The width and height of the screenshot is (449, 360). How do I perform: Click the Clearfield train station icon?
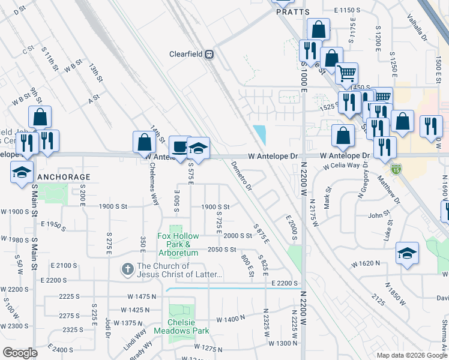[209, 54]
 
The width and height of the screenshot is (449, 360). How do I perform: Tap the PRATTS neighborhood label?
[293, 12]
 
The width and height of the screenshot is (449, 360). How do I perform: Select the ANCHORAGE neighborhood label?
[64, 177]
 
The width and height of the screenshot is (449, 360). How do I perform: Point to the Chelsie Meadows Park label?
[181, 326]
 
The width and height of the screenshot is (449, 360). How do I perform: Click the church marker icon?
[127, 270]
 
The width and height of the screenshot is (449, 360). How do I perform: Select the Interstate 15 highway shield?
[395, 170]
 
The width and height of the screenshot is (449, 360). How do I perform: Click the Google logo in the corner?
[20, 353]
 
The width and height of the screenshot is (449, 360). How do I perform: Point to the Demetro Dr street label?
[240, 176]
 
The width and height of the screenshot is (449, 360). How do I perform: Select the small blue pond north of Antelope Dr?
[259, 133]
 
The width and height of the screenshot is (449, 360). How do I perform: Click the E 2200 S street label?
[285, 283]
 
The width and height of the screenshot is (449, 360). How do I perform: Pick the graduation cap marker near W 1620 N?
[407, 254]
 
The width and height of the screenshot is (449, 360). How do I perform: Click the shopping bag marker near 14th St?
[144, 143]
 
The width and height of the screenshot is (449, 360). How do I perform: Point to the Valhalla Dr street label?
[416, 28]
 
